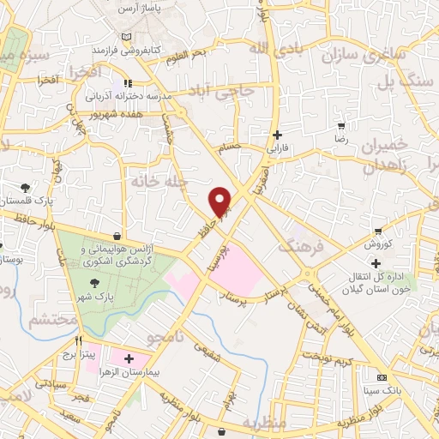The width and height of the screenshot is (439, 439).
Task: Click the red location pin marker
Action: (x=221, y=201)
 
